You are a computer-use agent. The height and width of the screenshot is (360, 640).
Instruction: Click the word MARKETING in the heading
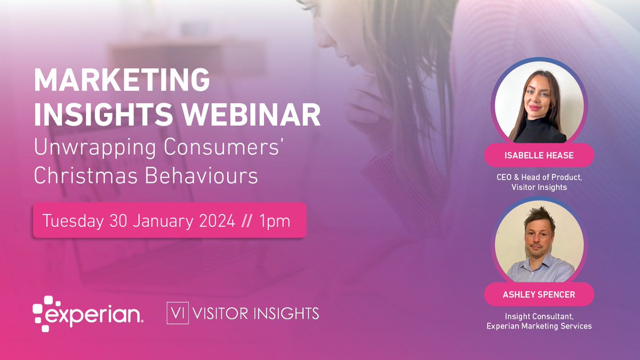coord(122,81)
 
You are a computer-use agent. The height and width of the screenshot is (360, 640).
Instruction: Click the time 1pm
coord(275,220)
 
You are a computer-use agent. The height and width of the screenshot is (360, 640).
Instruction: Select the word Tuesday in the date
coord(72,220)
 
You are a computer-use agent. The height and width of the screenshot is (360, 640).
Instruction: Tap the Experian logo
coord(87,314)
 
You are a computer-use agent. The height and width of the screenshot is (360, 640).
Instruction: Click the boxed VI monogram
coord(175,313)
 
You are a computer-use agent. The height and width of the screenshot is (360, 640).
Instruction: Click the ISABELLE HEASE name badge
coord(539,155)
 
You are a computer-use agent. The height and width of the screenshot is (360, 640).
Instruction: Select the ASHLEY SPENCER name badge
coord(539,294)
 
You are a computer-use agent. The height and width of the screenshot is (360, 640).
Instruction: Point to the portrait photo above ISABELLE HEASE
coord(539,107)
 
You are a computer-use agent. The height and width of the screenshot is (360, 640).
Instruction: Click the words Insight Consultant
coord(539,316)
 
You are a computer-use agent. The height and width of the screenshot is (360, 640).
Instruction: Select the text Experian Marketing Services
coord(539,326)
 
